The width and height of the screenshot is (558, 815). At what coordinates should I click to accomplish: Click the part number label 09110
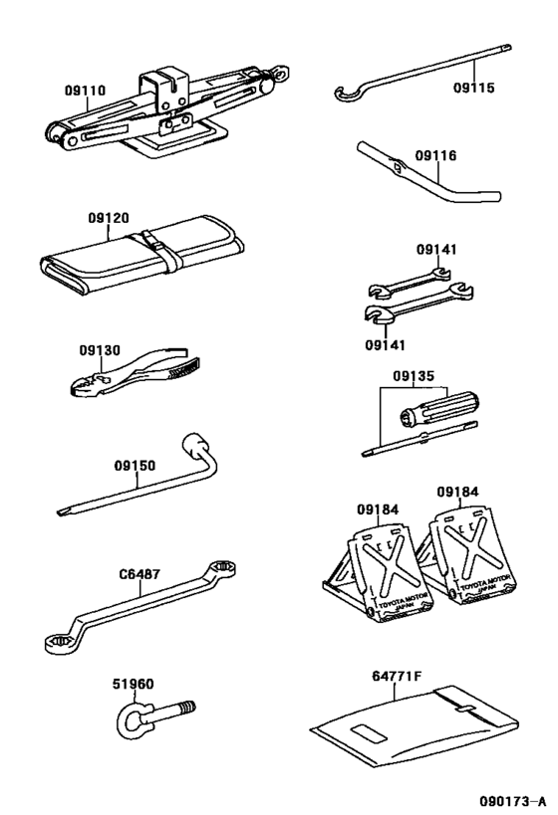pos(85,90)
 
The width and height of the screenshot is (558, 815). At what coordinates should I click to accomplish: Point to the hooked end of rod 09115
pos(344,96)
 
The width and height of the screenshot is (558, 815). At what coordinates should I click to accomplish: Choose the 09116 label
pos(434,155)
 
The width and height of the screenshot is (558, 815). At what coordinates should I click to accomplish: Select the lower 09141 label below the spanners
pos(386,344)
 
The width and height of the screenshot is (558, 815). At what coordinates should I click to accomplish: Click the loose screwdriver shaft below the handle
pos(418,438)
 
